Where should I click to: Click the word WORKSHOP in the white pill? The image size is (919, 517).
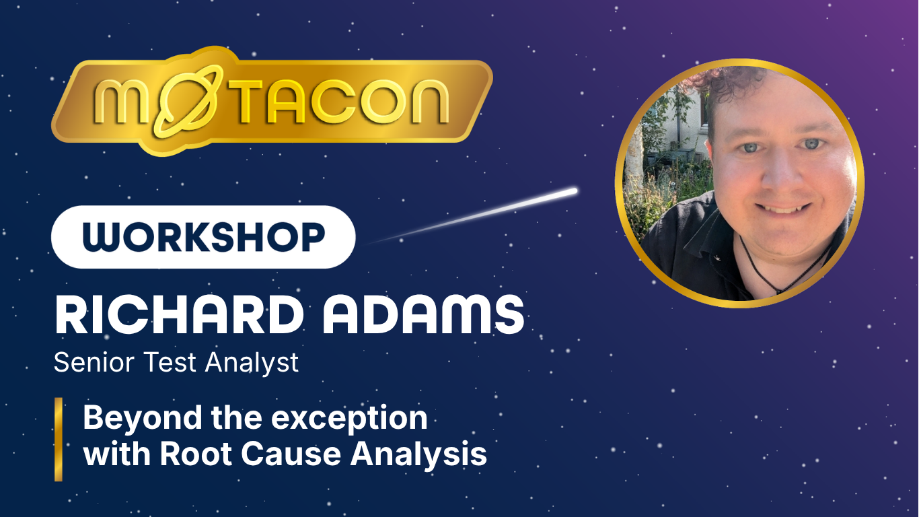coord(203,237)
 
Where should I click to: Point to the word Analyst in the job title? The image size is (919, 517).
coord(252,363)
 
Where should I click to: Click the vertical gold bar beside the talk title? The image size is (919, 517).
coord(59,439)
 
